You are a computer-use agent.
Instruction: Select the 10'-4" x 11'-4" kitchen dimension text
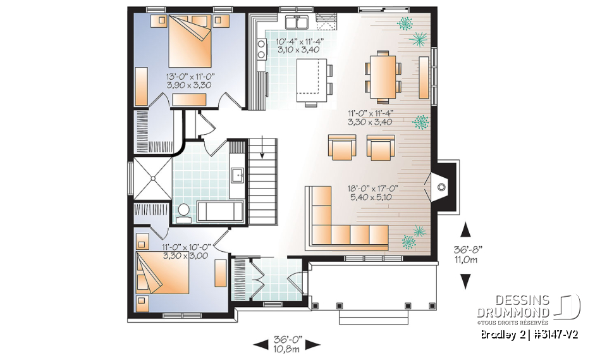point(300,46)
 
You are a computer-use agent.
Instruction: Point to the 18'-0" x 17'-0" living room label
point(373,192)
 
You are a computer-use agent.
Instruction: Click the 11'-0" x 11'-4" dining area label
point(373,118)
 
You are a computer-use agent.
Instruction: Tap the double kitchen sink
point(296,23)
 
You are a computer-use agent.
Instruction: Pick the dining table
point(383,76)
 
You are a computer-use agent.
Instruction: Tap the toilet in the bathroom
point(183,213)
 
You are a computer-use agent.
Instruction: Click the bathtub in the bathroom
point(219,211)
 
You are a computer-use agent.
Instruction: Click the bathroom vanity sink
point(238,174)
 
